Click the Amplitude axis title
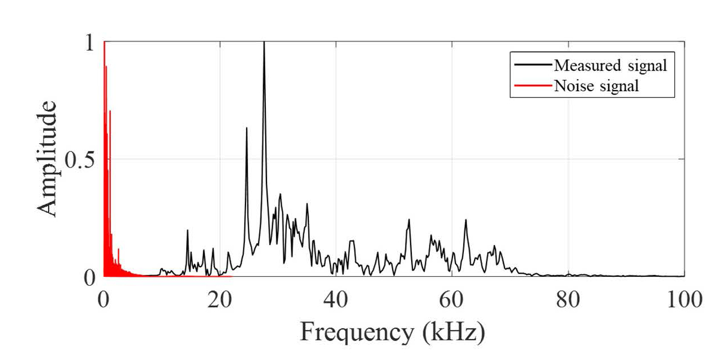pos(48,159)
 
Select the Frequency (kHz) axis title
pos(392,332)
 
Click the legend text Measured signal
pos(611,65)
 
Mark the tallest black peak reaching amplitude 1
pos(264,43)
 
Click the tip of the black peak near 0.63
pos(246,128)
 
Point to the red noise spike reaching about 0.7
pos(110,112)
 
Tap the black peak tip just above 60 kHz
pos(466,220)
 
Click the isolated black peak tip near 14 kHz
pos(187,230)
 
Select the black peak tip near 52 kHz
pos(408,220)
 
